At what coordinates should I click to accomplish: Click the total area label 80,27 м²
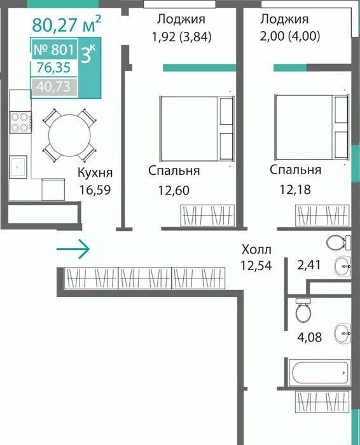66,24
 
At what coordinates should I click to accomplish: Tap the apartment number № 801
54,50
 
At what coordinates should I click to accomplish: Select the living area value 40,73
53,86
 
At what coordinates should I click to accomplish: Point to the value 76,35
53,68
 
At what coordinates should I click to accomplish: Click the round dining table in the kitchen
69,135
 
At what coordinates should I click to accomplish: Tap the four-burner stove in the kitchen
20,123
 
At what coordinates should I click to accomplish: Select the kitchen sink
18,167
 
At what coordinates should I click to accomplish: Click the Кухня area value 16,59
95,190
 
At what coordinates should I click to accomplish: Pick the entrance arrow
73,249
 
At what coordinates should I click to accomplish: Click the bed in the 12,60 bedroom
197,129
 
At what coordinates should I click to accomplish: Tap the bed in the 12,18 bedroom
312,127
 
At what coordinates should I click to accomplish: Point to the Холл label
257,250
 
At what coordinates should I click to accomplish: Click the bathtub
320,372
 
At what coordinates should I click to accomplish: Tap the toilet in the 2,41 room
338,243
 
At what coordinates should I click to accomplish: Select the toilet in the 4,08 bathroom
303,310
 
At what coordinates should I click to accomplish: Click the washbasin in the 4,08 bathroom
342,333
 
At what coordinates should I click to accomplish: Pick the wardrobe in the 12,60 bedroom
207,216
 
